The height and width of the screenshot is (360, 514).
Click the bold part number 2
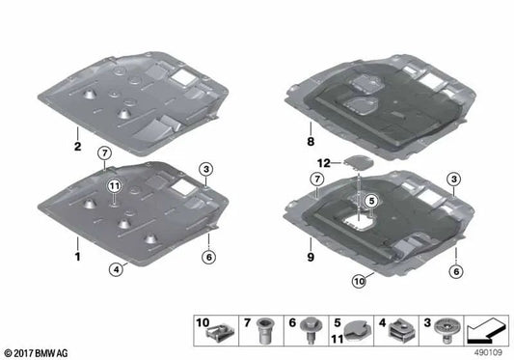click(x=77, y=147)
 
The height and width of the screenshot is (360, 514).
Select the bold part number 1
click(x=77, y=257)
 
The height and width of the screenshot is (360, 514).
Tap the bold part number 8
click(x=311, y=142)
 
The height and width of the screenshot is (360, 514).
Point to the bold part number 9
click(x=311, y=257)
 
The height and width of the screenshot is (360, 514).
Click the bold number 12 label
click(x=324, y=163)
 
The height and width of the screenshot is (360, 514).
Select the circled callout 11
click(x=115, y=186)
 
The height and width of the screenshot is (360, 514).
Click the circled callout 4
click(x=116, y=270)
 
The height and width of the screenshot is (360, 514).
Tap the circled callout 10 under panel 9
click(x=360, y=282)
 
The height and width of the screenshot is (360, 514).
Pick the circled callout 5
click(x=371, y=201)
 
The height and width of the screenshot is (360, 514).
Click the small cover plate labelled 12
click(x=359, y=162)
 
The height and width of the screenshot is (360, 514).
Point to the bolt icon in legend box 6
click(x=311, y=330)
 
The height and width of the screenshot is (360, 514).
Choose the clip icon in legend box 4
click(x=402, y=330)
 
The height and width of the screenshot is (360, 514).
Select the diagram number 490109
click(x=488, y=353)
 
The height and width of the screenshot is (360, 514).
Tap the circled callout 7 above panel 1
click(x=104, y=152)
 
